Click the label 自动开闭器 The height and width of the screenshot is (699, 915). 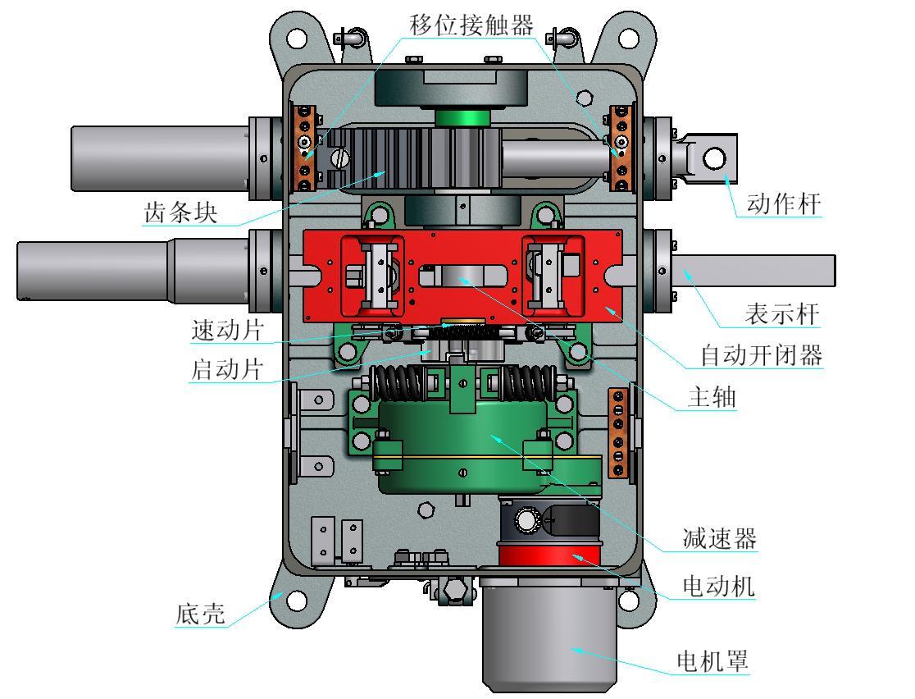(x=760, y=355)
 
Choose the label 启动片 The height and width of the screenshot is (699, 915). (x=227, y=369)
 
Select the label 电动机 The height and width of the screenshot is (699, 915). (x=719, y=586)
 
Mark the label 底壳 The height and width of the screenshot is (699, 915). (x=200, y=614)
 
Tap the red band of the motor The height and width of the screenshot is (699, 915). (x=549, y=558)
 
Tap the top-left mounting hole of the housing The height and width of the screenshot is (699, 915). (x=296, y=36)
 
